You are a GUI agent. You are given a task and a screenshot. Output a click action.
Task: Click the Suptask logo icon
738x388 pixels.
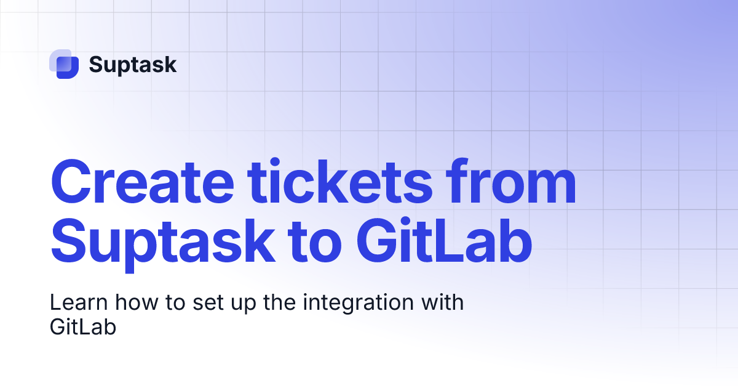pos(64,64)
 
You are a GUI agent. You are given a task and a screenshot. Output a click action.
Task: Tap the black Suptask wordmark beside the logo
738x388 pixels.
pos(133,65)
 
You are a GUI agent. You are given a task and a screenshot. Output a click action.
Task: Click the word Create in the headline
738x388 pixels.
pos(142,182)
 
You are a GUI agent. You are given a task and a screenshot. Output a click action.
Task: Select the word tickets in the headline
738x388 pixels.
pos(339,181)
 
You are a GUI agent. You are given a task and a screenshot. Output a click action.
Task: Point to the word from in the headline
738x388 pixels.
pos(511,181)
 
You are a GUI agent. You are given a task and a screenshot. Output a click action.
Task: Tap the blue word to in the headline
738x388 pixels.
pos(315,243)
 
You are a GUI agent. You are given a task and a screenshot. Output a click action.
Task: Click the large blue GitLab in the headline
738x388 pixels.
pos(445,240)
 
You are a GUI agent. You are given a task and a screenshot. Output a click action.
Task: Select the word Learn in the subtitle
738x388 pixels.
pos(79,302)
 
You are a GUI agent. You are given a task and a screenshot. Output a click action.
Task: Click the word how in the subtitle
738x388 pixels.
pos(137,302)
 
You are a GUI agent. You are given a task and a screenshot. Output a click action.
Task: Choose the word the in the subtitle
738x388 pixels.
pos(279,302)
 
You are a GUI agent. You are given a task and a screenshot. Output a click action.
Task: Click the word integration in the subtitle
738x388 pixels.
pos(359,304)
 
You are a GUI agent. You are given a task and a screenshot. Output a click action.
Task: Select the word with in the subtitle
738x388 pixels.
pos(442,302)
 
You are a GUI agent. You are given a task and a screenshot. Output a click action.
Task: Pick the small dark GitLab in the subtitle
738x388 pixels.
pos(83,327)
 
